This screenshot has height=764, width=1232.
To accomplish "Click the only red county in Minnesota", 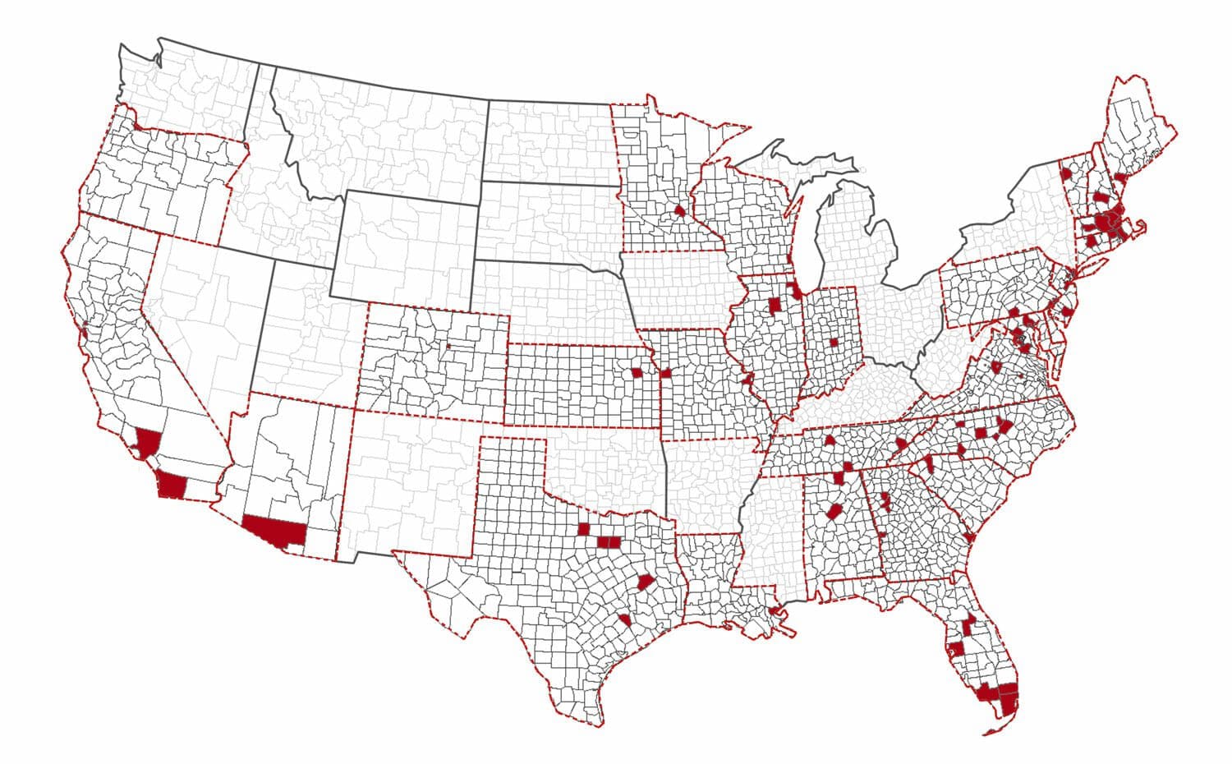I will tap(680, 210).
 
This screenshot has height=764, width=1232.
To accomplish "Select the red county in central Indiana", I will tap(834, 343).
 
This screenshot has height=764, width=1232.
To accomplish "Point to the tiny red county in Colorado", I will tap(449, 346).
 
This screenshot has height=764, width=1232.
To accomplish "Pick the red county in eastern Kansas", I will tap(637, 372).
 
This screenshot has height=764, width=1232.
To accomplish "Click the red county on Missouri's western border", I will tap(665, 373).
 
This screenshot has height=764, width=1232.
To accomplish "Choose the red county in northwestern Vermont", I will tap(1065, 174).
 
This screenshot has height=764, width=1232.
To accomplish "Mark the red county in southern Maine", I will tap(1120, 178).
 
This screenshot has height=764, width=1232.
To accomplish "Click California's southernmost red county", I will tap(173, 485).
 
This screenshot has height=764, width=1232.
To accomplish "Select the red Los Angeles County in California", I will tap(148, 442).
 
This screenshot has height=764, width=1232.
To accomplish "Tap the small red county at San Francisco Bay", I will tap(84, 334).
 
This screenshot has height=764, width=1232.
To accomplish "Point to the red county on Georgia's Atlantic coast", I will tap(970, 538).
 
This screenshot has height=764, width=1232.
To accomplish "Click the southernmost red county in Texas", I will tap(625, 619).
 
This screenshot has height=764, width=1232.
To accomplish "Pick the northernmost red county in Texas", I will tap(585, 528).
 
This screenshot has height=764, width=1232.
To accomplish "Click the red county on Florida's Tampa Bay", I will tap(956, 648).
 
